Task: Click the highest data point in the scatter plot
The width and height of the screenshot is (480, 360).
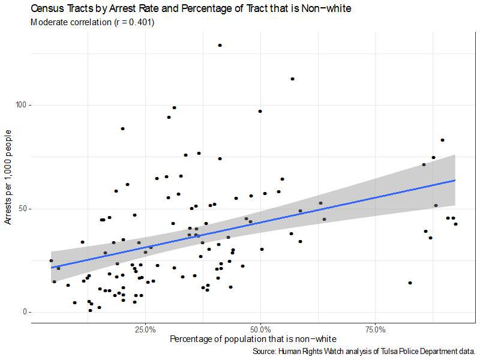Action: click(x=220, y=45)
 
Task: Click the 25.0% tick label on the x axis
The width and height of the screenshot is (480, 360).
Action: click(x=146, y=330)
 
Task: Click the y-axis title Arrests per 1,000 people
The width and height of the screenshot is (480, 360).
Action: click(x=8, y=180)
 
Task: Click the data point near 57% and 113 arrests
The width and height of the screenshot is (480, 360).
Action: click(x=292, y=79)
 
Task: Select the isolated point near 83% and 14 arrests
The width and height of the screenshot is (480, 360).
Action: click(x=410, y=283)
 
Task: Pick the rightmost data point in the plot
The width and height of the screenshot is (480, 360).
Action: click(x=456, y=224)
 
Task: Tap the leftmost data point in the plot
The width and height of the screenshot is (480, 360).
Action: click(x=51, y=261)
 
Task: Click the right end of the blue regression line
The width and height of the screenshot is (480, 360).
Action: click(x=455, y=180)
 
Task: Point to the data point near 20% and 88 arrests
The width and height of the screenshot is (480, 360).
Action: click(x=122, y=128)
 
